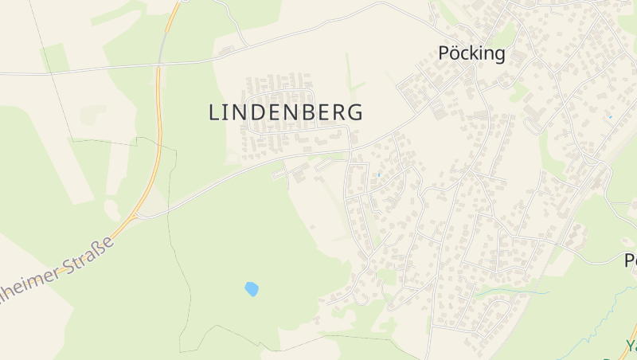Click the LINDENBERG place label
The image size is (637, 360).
click(x=286, y=112)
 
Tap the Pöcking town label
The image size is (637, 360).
click(x=471, y=53)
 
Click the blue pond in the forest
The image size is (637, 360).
click(x=252, y=288)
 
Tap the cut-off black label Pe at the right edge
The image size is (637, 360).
click(x=630, y=260)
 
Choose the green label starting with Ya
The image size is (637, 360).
click(x=630, y=346)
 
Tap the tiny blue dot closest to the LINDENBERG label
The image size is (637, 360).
click(x=378, y=174)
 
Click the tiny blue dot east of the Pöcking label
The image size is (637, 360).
click(x=610, y=117)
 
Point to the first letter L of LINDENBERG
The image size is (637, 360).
click(x=213, y=112)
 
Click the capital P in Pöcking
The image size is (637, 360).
click(x=444, y=53)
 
